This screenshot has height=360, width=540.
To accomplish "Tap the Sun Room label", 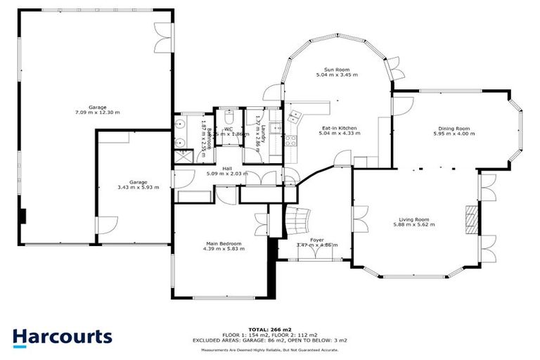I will pyautogui.click(x=337, y=70).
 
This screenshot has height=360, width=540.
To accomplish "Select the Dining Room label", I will pyautogui.click(x=451, y=129).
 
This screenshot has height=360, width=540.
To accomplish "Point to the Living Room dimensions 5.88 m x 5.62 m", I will pyautogui.click(x=413, y=225).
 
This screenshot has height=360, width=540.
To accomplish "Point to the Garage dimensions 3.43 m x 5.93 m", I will pyautogui.click(x=138, y=188).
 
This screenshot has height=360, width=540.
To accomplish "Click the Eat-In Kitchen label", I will pyautogui.click(x=338, y=128).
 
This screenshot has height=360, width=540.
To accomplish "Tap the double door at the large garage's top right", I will pyautogui.click(x=163, y=34).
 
